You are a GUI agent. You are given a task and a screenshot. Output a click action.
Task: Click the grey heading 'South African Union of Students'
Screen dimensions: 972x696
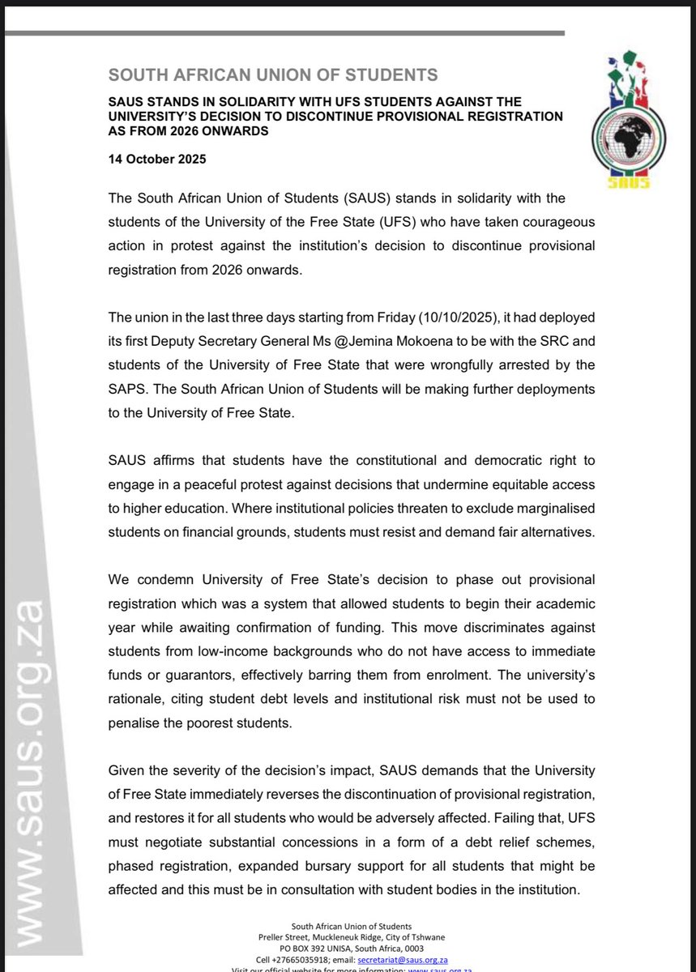[x=273, y=76]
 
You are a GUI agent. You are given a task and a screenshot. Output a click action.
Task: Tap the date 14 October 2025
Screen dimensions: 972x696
[x=157, y=159]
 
